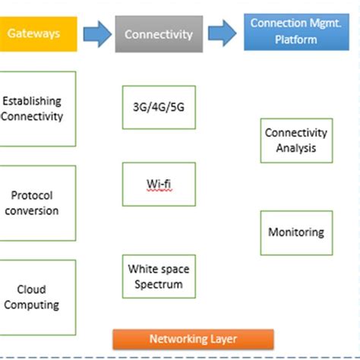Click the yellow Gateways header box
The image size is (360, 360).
click(38, 34)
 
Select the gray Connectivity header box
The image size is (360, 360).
click(159, 34)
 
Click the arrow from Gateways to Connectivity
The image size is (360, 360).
click(96, 33)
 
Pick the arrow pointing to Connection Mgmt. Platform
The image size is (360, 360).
click(223, 33)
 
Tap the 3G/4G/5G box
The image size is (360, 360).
click(159, 107)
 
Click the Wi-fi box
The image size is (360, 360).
click(159, 184)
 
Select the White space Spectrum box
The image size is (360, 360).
click(159, 276)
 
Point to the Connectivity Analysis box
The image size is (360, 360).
click(295, 141)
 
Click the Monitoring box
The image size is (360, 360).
click(295, 232)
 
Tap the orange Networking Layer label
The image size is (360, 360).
click(193, 339)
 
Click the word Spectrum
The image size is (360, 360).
click(159, 284)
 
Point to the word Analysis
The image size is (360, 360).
click(295, 148)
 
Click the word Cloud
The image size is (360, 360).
click(32, 289)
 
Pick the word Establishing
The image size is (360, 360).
click(32, 101)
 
